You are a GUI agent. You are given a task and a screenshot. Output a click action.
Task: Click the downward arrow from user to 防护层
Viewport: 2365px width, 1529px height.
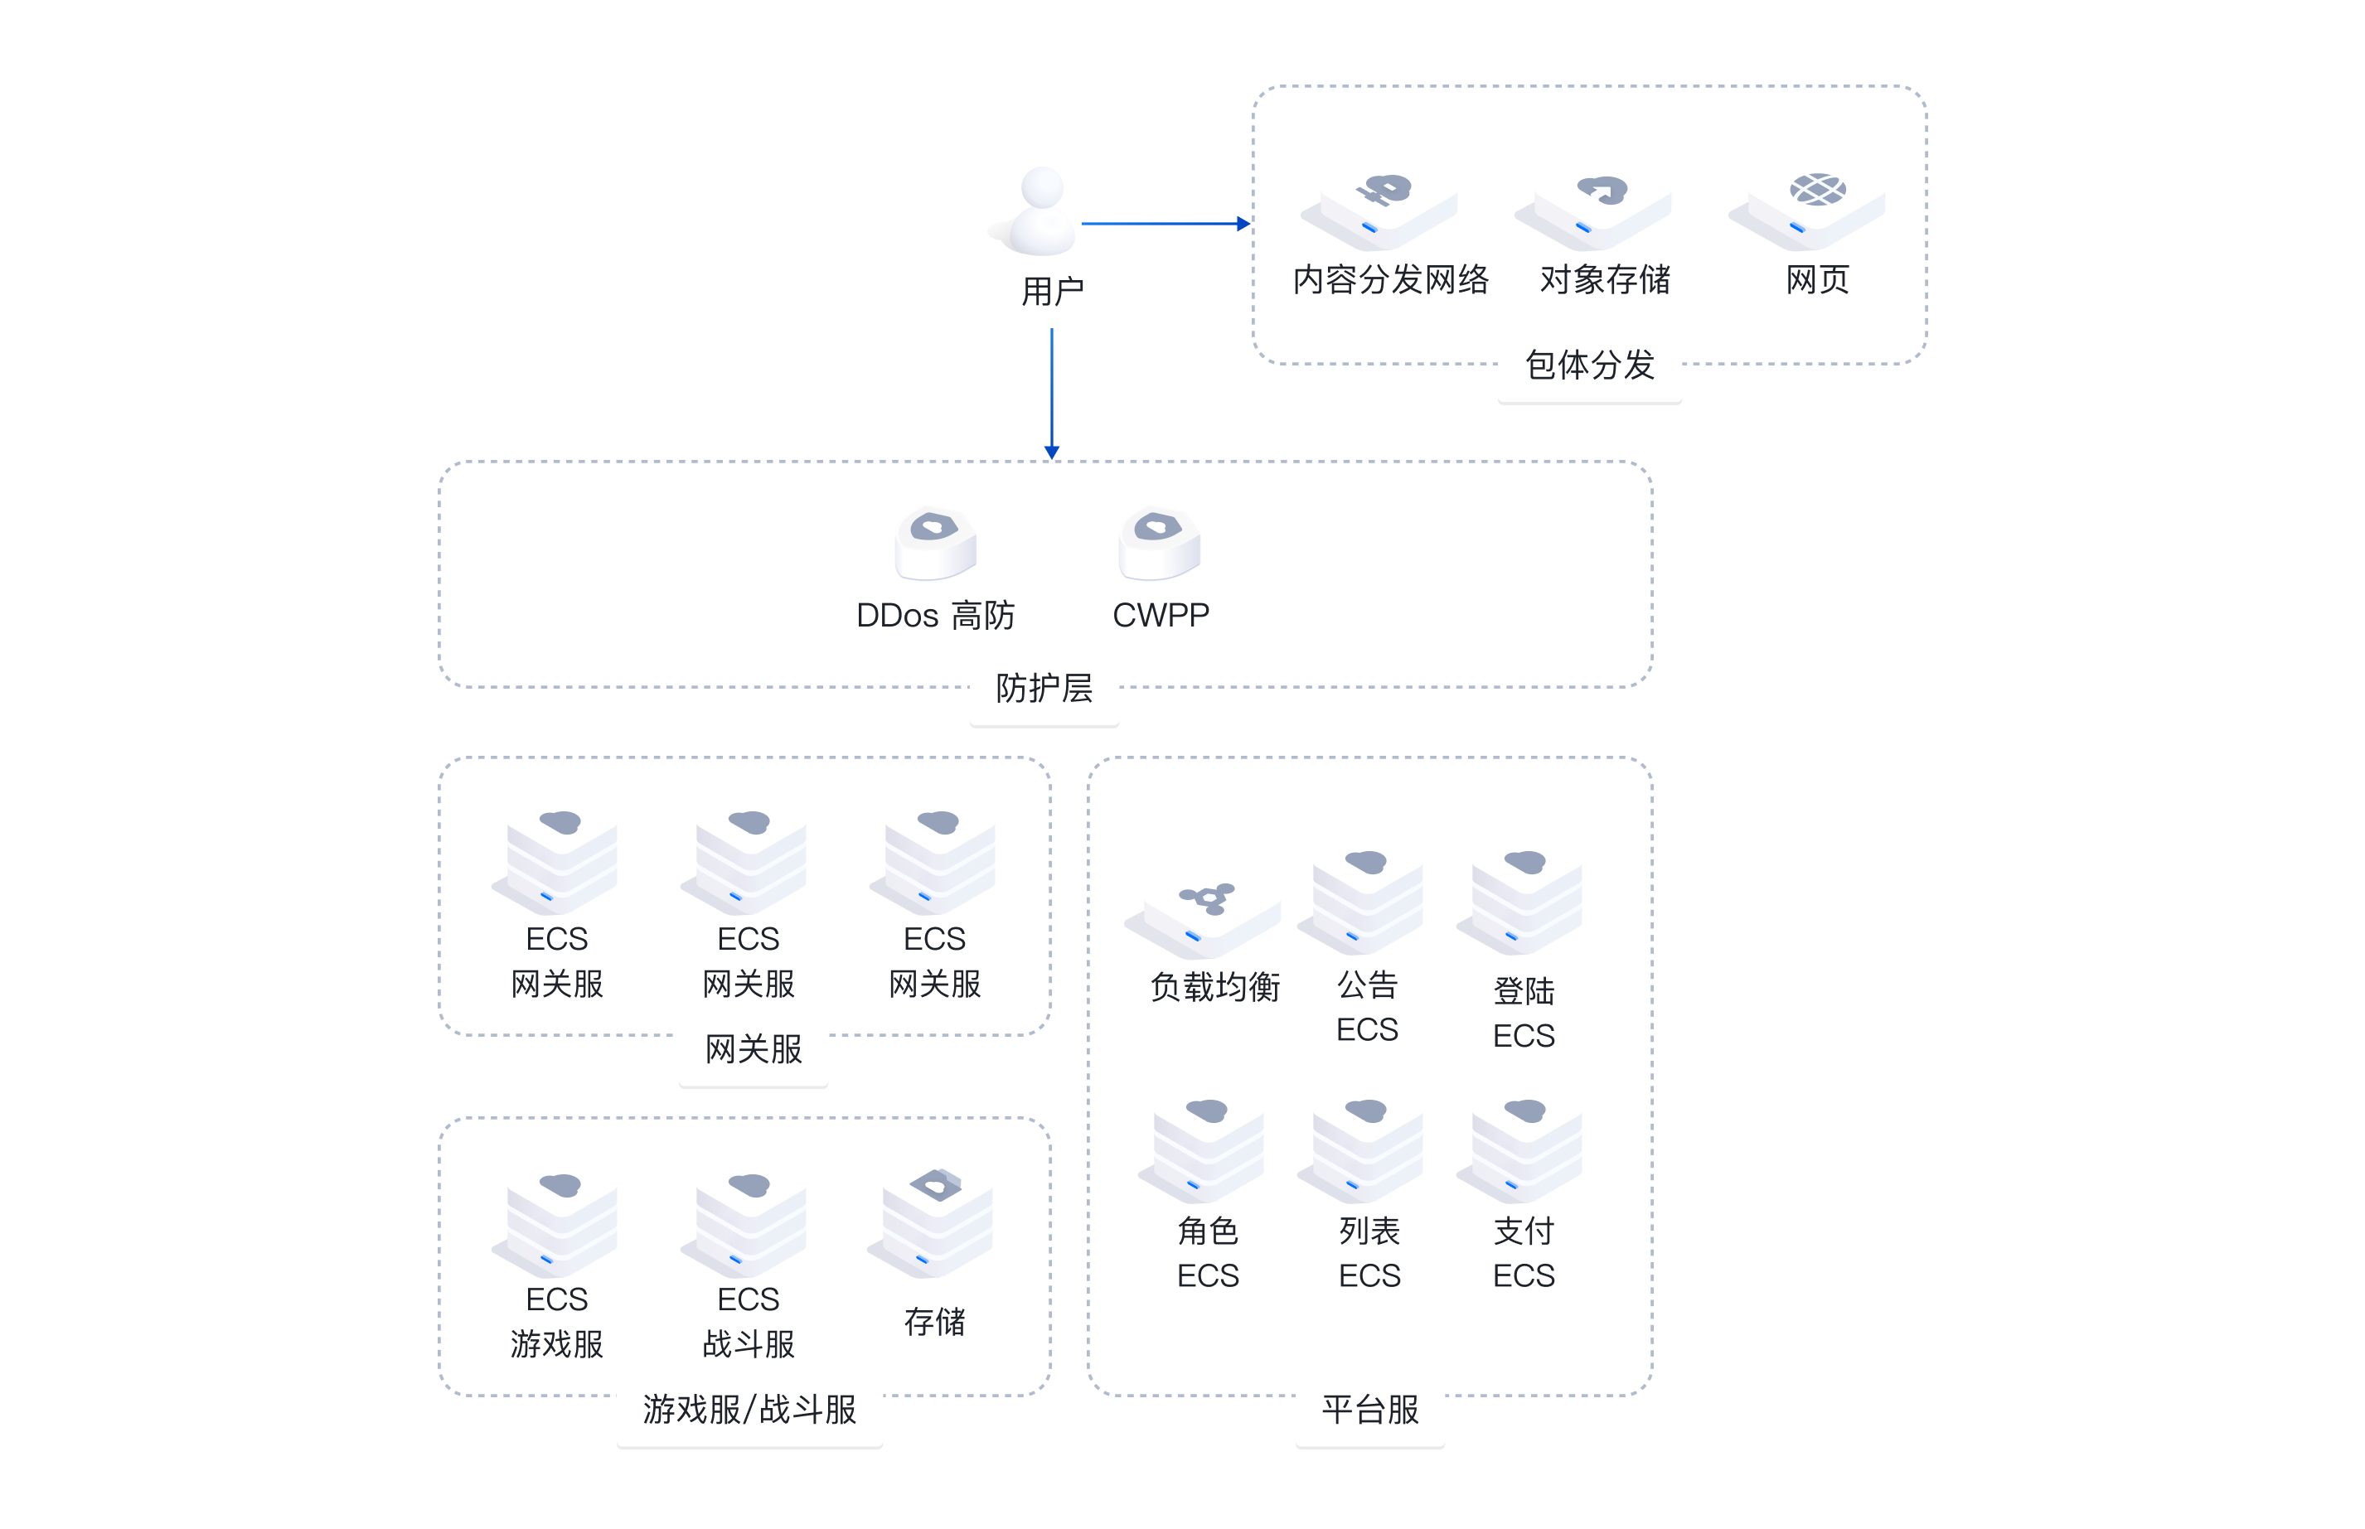[x=1051, y=392]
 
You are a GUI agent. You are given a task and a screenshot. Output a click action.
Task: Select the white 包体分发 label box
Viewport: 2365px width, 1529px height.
[x=1590, y=365]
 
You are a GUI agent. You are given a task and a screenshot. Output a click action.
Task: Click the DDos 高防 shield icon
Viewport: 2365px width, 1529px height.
[x=935, y=542]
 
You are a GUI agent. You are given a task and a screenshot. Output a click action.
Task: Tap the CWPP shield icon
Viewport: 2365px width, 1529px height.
[x=1159, y=542]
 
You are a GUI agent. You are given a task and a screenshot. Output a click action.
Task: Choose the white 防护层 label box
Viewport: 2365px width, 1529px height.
[x=1044, y=688]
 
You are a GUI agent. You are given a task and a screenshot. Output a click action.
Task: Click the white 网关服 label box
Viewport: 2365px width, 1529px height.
[x=754, y=1049]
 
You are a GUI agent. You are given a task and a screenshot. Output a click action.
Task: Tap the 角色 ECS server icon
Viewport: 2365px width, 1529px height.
[x=1205, y=1142]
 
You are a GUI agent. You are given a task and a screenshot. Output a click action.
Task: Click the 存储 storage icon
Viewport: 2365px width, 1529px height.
[x=933, y=1217]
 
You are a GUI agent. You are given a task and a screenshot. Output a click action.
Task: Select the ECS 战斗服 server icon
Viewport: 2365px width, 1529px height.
[x=748, y=1217]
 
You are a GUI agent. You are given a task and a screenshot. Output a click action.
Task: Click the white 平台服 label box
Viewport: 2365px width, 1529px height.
[x=1369, y=1410]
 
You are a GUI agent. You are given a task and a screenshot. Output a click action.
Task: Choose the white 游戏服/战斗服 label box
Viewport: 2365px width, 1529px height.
[x=749, y=1410]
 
